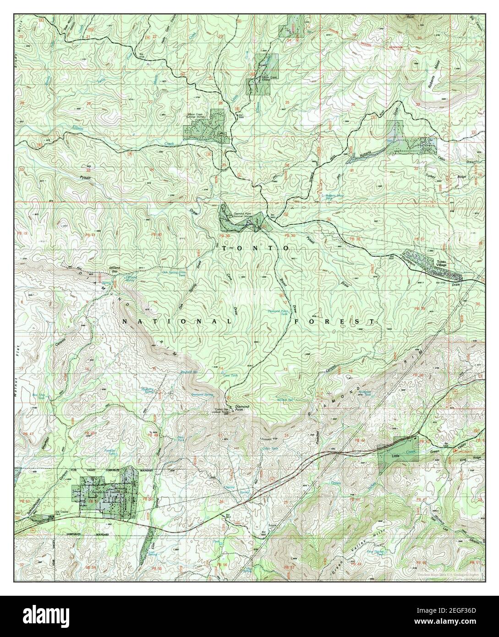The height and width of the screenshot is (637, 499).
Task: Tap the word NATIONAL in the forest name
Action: point(177,322)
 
